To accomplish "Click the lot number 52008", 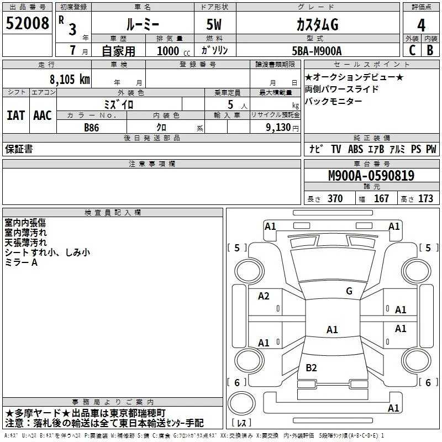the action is click(x=27, y=23).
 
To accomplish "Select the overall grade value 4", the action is click(x=421, y=25).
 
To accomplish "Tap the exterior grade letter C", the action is click(x=412, y=50).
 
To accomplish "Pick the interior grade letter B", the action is click(x=430, y=50).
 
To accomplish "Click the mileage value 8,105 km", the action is click(x=70, y=80).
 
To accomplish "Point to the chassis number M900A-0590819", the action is click(x=371, y=176).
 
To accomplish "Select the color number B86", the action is click(x=91, y=128).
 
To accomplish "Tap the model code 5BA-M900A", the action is click(x=317, y=51).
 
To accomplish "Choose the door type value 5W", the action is click(x=214, y=24).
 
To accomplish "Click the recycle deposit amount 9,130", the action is click(x=278, y=128).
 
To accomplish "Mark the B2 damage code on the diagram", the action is click(x=311, y=367).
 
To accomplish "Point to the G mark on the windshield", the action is click(x=349, y=291).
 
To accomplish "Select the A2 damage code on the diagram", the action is click(x=264, y=296).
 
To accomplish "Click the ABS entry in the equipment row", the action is click(x=355, y=149).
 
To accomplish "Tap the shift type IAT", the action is click(x=15, y=115).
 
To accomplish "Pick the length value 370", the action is click(x=335, y=198).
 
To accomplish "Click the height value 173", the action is click(x=425, y=198).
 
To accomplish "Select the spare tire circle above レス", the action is click(x=241, y=403).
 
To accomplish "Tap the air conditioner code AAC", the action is click(x=43, y=115).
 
